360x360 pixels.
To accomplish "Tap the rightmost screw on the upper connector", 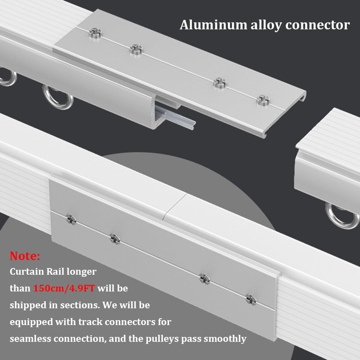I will tap(263, 100).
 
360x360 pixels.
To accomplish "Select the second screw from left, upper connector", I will tap(136, 49).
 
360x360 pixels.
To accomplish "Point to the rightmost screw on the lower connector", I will tap(251, 299).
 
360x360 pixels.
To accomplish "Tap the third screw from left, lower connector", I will tap(204, 278).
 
